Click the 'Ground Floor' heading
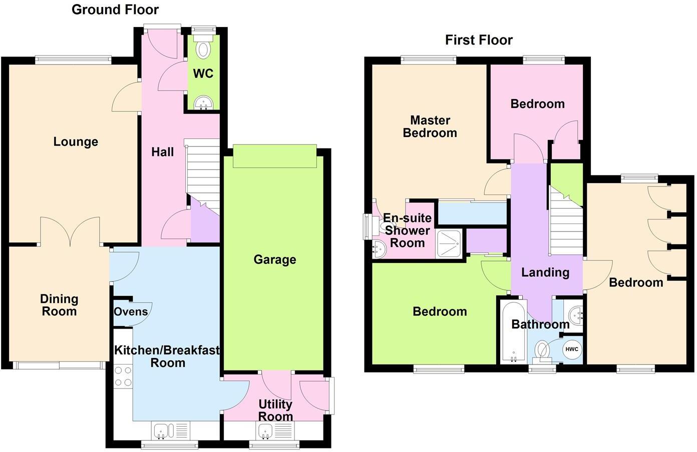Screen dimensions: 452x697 click(x=115, y=9)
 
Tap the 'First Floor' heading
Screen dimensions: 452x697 click(x=479, y=40)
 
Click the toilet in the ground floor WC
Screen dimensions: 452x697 click(x=203, y=49)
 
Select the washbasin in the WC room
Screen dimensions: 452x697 click(x=203, y=103)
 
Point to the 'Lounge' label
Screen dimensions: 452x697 click(x=76, y=142)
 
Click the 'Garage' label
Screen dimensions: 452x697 click(x=274, y=259)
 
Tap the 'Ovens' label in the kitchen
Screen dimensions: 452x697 click(x=131, y=312)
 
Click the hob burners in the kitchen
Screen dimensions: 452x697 click(x=123, y=376)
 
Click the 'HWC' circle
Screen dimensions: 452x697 click(x=572, y=349)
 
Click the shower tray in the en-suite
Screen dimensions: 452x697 click(x=450, y=243)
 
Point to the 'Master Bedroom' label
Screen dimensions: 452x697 click(x=430, y=126)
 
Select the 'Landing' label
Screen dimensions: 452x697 click(x=545, y=272)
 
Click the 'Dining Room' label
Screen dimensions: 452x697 click(x=59, y=305)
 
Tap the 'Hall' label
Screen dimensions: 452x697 click(x=163, y=152)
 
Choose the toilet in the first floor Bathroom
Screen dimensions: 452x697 click(x=542, y=350)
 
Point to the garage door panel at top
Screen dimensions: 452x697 click(x=274, y=156)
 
